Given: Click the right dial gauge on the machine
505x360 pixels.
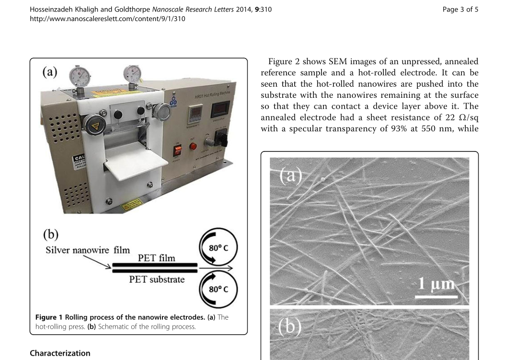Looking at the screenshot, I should point(132,74).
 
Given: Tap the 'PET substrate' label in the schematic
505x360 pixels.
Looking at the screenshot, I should point(157,279).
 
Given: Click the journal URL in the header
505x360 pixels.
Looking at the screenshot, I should point(107,19).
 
